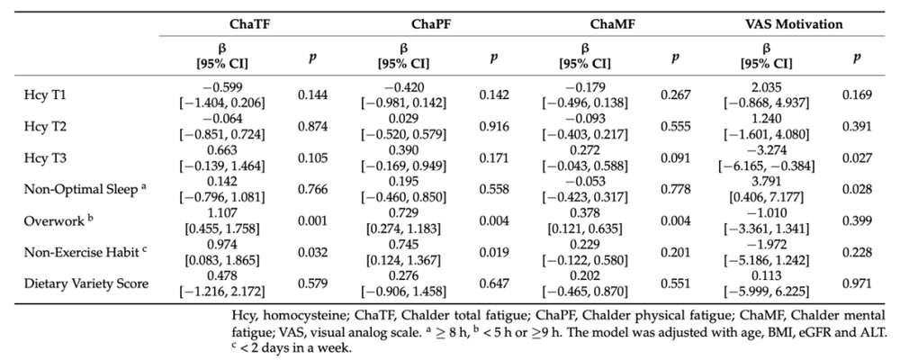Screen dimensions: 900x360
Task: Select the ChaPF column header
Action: (x=430, y=24)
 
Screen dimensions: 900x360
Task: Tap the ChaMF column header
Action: (x=612, y=24)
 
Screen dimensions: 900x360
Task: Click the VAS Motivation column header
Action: (x=794, y=24)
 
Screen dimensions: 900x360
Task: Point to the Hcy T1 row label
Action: (x=45, y=94)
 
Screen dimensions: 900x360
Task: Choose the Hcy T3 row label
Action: (x=45, y=157)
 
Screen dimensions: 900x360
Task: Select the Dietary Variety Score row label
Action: (x=86, y=283)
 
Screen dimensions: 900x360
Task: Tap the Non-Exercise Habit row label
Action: (x=85, y=252)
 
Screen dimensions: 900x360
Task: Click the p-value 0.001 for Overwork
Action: (x=313, y=221)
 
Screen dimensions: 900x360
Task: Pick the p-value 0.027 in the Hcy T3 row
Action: (x=857, y=157)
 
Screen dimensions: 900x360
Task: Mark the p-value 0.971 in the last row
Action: (x=857, y=283)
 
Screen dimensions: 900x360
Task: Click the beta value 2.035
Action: (x=766, y=88)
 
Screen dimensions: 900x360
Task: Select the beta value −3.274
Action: (x=766, y=151)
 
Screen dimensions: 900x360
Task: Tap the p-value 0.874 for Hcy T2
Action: (x=313, y=126)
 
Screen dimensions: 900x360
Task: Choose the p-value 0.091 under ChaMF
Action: (x=676, y=157)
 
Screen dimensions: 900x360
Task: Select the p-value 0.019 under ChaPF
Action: (x=494, y=252)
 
